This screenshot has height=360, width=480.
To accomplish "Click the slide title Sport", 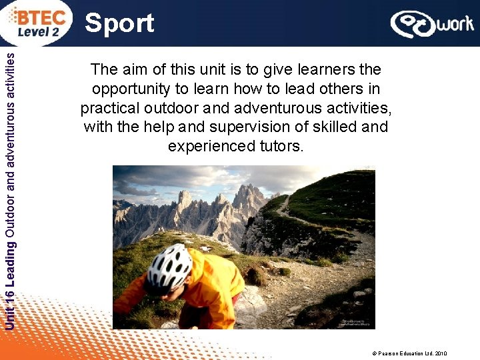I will click(x=120, y=23).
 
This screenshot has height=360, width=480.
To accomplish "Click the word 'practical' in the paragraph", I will click(x=109, y=107).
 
